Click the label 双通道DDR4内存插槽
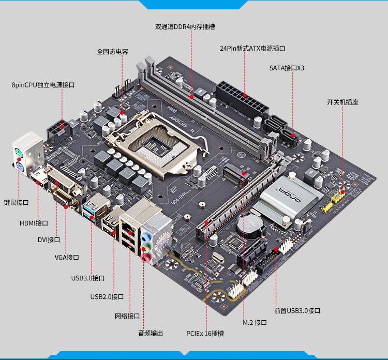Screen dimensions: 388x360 pyautogui.click(x=185, y=27)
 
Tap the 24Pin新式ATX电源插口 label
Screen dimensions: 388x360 pyautogui.click(x=252, y=48)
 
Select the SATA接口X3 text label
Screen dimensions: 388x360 pyautogui.click(x=287, y=68)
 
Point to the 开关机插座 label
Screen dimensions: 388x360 pyautogui.click(x=342, y=102)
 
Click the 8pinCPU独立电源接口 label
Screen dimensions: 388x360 pyautogui.click(x=43, y=85)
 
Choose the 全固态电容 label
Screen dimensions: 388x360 pyautogui.click(x=112, y=51)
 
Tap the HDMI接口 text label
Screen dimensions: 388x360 pyautogui.click(x=34, y=223)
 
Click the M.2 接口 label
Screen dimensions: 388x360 pyautogui.click(x=255, y=323)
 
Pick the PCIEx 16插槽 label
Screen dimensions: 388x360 pyautogui.click(x=205, y=333)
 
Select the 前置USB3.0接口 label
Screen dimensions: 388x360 pyautogui.click(x=297, y=310)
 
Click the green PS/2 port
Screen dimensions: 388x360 pyautogui.click(x=19, y=153)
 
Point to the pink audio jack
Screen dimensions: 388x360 pyautogui.click(x=146, y=258)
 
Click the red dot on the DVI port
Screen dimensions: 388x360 pyautogui.click(x=57, y=183)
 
